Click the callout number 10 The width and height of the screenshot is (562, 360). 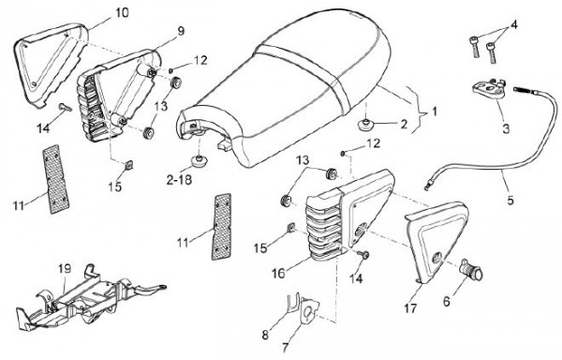(122, 13)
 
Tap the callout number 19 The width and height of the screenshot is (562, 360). (65, 268)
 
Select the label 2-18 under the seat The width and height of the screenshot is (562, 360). (179, 179)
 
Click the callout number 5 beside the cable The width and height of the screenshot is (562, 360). (510, 200)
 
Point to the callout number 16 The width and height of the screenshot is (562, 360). (278, 273)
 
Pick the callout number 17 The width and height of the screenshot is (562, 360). (411, 308)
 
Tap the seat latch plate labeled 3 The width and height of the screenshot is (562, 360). (490, 89)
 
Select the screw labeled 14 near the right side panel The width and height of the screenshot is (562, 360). (364, 255)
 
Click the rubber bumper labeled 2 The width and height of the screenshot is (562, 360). (365, 125)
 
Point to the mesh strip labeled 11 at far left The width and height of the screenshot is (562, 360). (56, 179)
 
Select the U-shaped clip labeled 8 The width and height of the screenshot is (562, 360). (293, 304)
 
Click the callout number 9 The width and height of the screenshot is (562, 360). (181, 31)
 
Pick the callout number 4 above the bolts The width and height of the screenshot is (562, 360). (514, 25)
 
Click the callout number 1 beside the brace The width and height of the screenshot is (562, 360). (435, 112)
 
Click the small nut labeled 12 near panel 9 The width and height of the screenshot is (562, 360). (171, 69)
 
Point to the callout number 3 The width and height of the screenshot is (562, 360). (506, 128)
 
